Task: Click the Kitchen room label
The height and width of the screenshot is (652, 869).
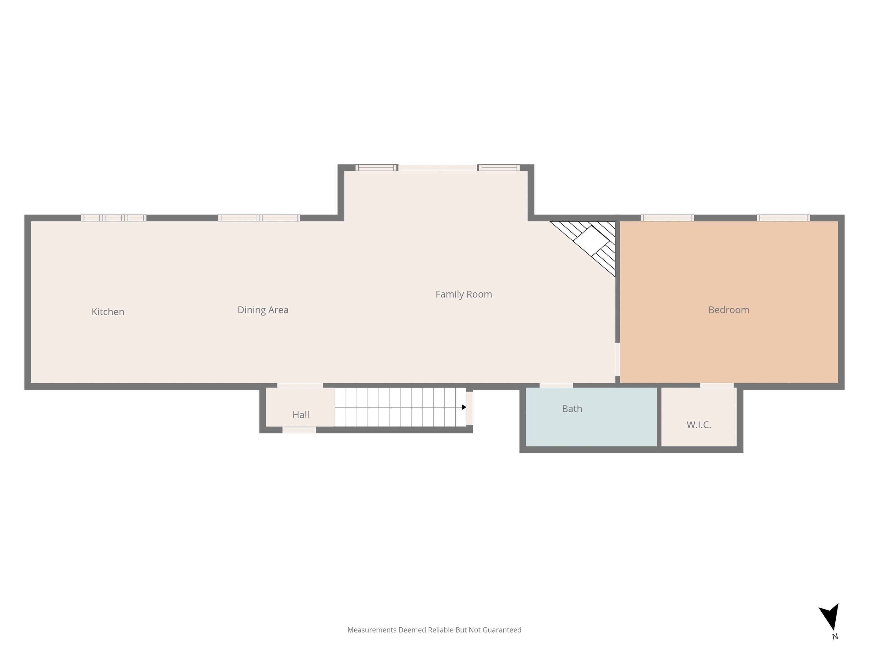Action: pyautogui.click(x=108, y=312)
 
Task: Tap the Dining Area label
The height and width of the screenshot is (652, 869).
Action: pyautogui.click(x=263, y=310)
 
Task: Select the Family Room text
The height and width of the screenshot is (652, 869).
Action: pyautogui.click(x=464, y=294)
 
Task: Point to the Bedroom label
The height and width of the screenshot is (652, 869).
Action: pyautogui.click(x=729, y=310)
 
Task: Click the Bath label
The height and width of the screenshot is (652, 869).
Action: pyautogui.click(x=572, y=409)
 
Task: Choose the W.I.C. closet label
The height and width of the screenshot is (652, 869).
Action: pyautogui.click(x=699, y=425)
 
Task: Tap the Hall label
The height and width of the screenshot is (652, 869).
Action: pyautogui.click(x=301, y=415)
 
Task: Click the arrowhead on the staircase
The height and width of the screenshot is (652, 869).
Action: pyautogui.click(x=464, y=407)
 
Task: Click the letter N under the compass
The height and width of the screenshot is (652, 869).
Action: pyautogui.click(x=835, y=637)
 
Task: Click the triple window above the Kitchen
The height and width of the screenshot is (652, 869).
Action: pyautogui.click(x=114, y=218)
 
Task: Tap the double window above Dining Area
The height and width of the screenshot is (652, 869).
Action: pyautogui.click(x=259, y=218)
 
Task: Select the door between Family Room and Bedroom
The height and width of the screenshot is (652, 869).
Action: pyautogui.click(x=617, y=360)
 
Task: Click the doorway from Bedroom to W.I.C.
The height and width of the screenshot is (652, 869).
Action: pyautogui.click(x=717, y=386)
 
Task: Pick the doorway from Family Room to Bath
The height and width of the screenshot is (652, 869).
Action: pyautogui.click(x=556, y=386)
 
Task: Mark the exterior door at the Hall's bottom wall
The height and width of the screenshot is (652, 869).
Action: pyautogui.click(x=299, y=430)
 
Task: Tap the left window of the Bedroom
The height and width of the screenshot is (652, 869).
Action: pyautogui.click(x=667, y=218)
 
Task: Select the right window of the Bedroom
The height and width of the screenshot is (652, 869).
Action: pyautogui.click(x=783, y=218)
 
